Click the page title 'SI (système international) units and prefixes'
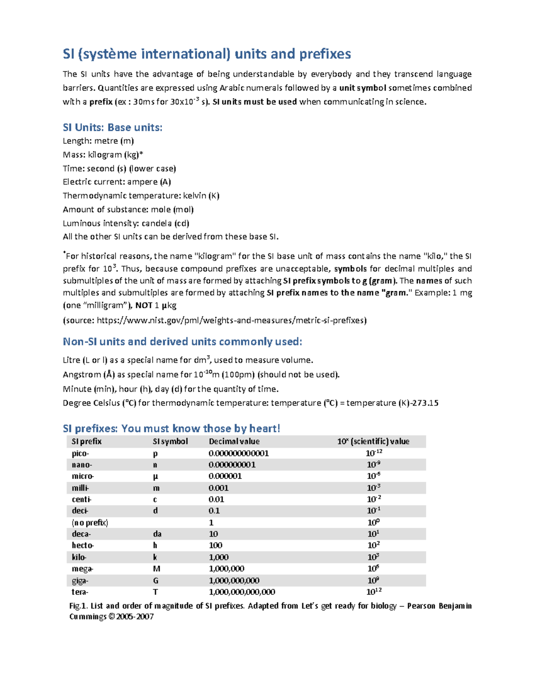pyautogui.click(x=206, y=54)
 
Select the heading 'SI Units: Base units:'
pyautogui.click(x=112, y=128)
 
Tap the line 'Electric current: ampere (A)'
pyautogui.click(x=117, y=182)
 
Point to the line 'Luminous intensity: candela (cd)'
pyautogui.click(x=126, y=223)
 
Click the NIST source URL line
pyautogui.click(x=214, y=320)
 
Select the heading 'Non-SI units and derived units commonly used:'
pyautogui.click(x=182, y=342)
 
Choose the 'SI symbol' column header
pyautogui.click(x=170, y=441)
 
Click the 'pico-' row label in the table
pyautogui.click(x=80, y=453)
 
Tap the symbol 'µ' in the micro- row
pyautogui.click(x=156, y=477)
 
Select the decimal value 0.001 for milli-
pyautogui.click(x=218, y=488)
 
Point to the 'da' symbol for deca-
pyautogui.click(x=157, y=534)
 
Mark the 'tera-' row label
pyautogui.click(x=80, y=592)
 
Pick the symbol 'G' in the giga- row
pyautogui.click(x=156, y=581)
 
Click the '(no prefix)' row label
pyautogui.click(x=90, y=523)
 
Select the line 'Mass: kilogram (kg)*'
pyautogui.click(x=103, y=155)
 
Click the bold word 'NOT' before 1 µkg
pyautogui.click(x=144, y=305)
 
